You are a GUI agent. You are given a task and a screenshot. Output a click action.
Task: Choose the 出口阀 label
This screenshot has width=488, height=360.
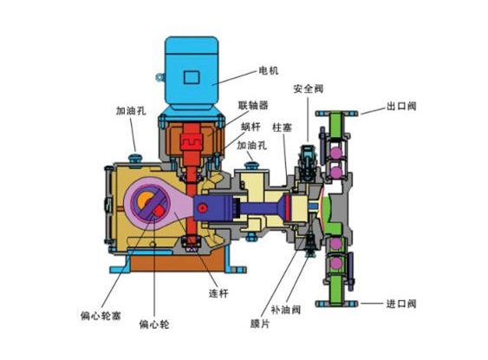click(403, 108)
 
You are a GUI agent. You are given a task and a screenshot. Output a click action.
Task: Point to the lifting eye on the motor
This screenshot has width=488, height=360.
click(159, 78)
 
